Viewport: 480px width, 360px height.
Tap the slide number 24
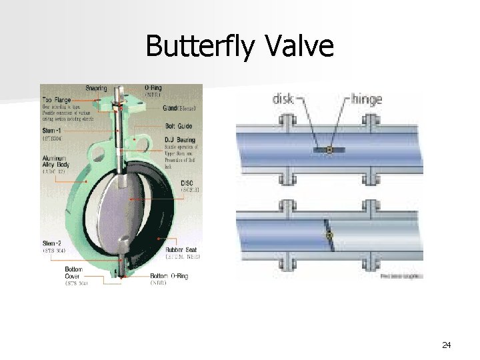point(447,345)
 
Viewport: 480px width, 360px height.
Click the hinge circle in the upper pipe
point(329,151)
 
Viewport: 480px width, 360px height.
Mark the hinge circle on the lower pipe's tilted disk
point(328,235)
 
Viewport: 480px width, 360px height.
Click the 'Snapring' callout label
point(96,88)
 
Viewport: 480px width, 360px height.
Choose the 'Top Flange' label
point(57,99)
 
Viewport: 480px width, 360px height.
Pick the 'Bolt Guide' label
point(179,125)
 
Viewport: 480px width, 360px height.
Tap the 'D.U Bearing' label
point(179,140)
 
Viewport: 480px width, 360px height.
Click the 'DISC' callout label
point(189,183)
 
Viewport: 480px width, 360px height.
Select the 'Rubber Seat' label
point(181,248)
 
